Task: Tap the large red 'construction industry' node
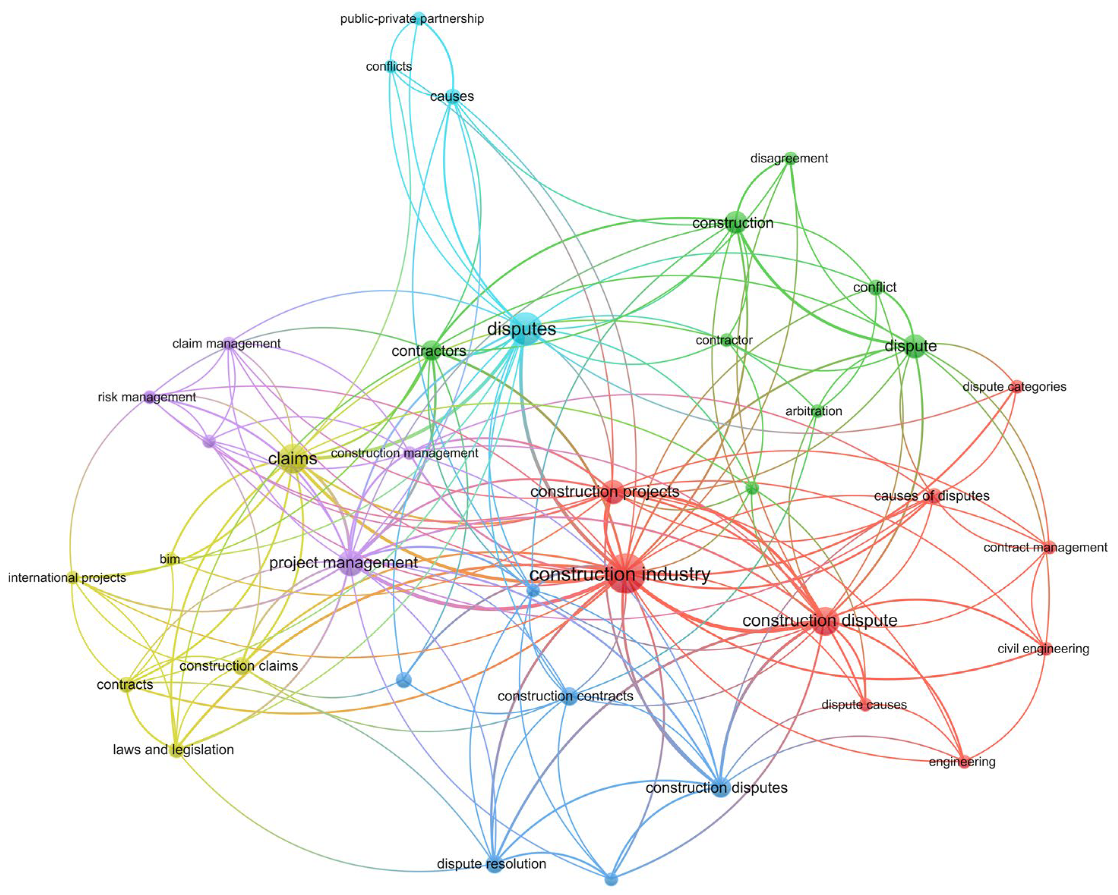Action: pos(626,573)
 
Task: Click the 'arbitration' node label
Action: pos(813,411)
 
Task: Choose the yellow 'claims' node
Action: pos(293,459)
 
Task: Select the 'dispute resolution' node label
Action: pos(491,864)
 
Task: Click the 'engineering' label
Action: pos(962,762)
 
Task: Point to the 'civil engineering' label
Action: pos(1043,649)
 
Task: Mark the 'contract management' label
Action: pos(1045,548)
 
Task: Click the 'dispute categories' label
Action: pos(1014,387)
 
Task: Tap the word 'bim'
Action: pos(170,559)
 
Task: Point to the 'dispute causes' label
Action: pos(864,705)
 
